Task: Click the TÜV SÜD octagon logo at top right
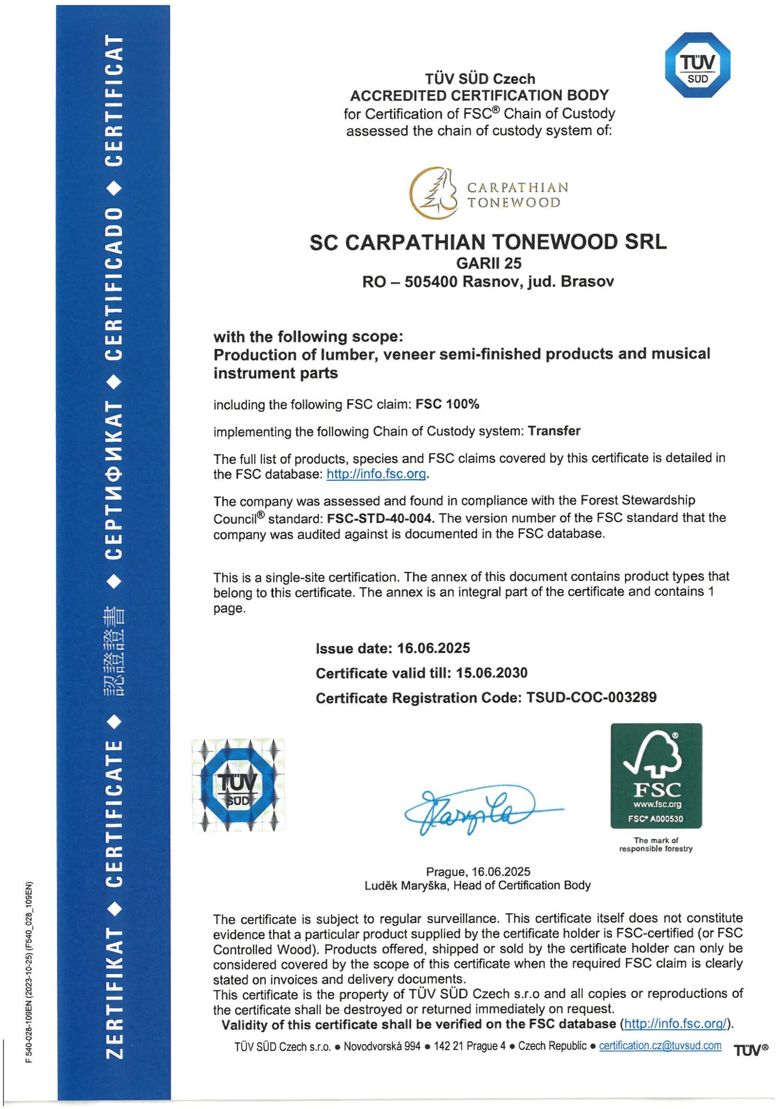[x=697, y=65]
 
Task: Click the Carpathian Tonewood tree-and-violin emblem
[x=434, y=192]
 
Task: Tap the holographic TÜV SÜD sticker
[x=238, y=785]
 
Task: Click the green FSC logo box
[x=656, y=775]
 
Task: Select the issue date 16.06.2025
[x=433, y=648]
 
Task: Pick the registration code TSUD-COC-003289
[x=591, y=697]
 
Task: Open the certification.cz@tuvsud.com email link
[x=660, y=1046]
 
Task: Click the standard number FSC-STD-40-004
[x=380, y=518]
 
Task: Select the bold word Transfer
[x=554, y=431]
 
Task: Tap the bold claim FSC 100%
[x=447, y=404]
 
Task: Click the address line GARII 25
[x=488, y=263]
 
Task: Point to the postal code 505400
[x=431, y=281]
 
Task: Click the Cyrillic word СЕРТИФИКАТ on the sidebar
[x=114, y=481]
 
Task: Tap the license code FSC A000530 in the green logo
[x=656, y=819]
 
